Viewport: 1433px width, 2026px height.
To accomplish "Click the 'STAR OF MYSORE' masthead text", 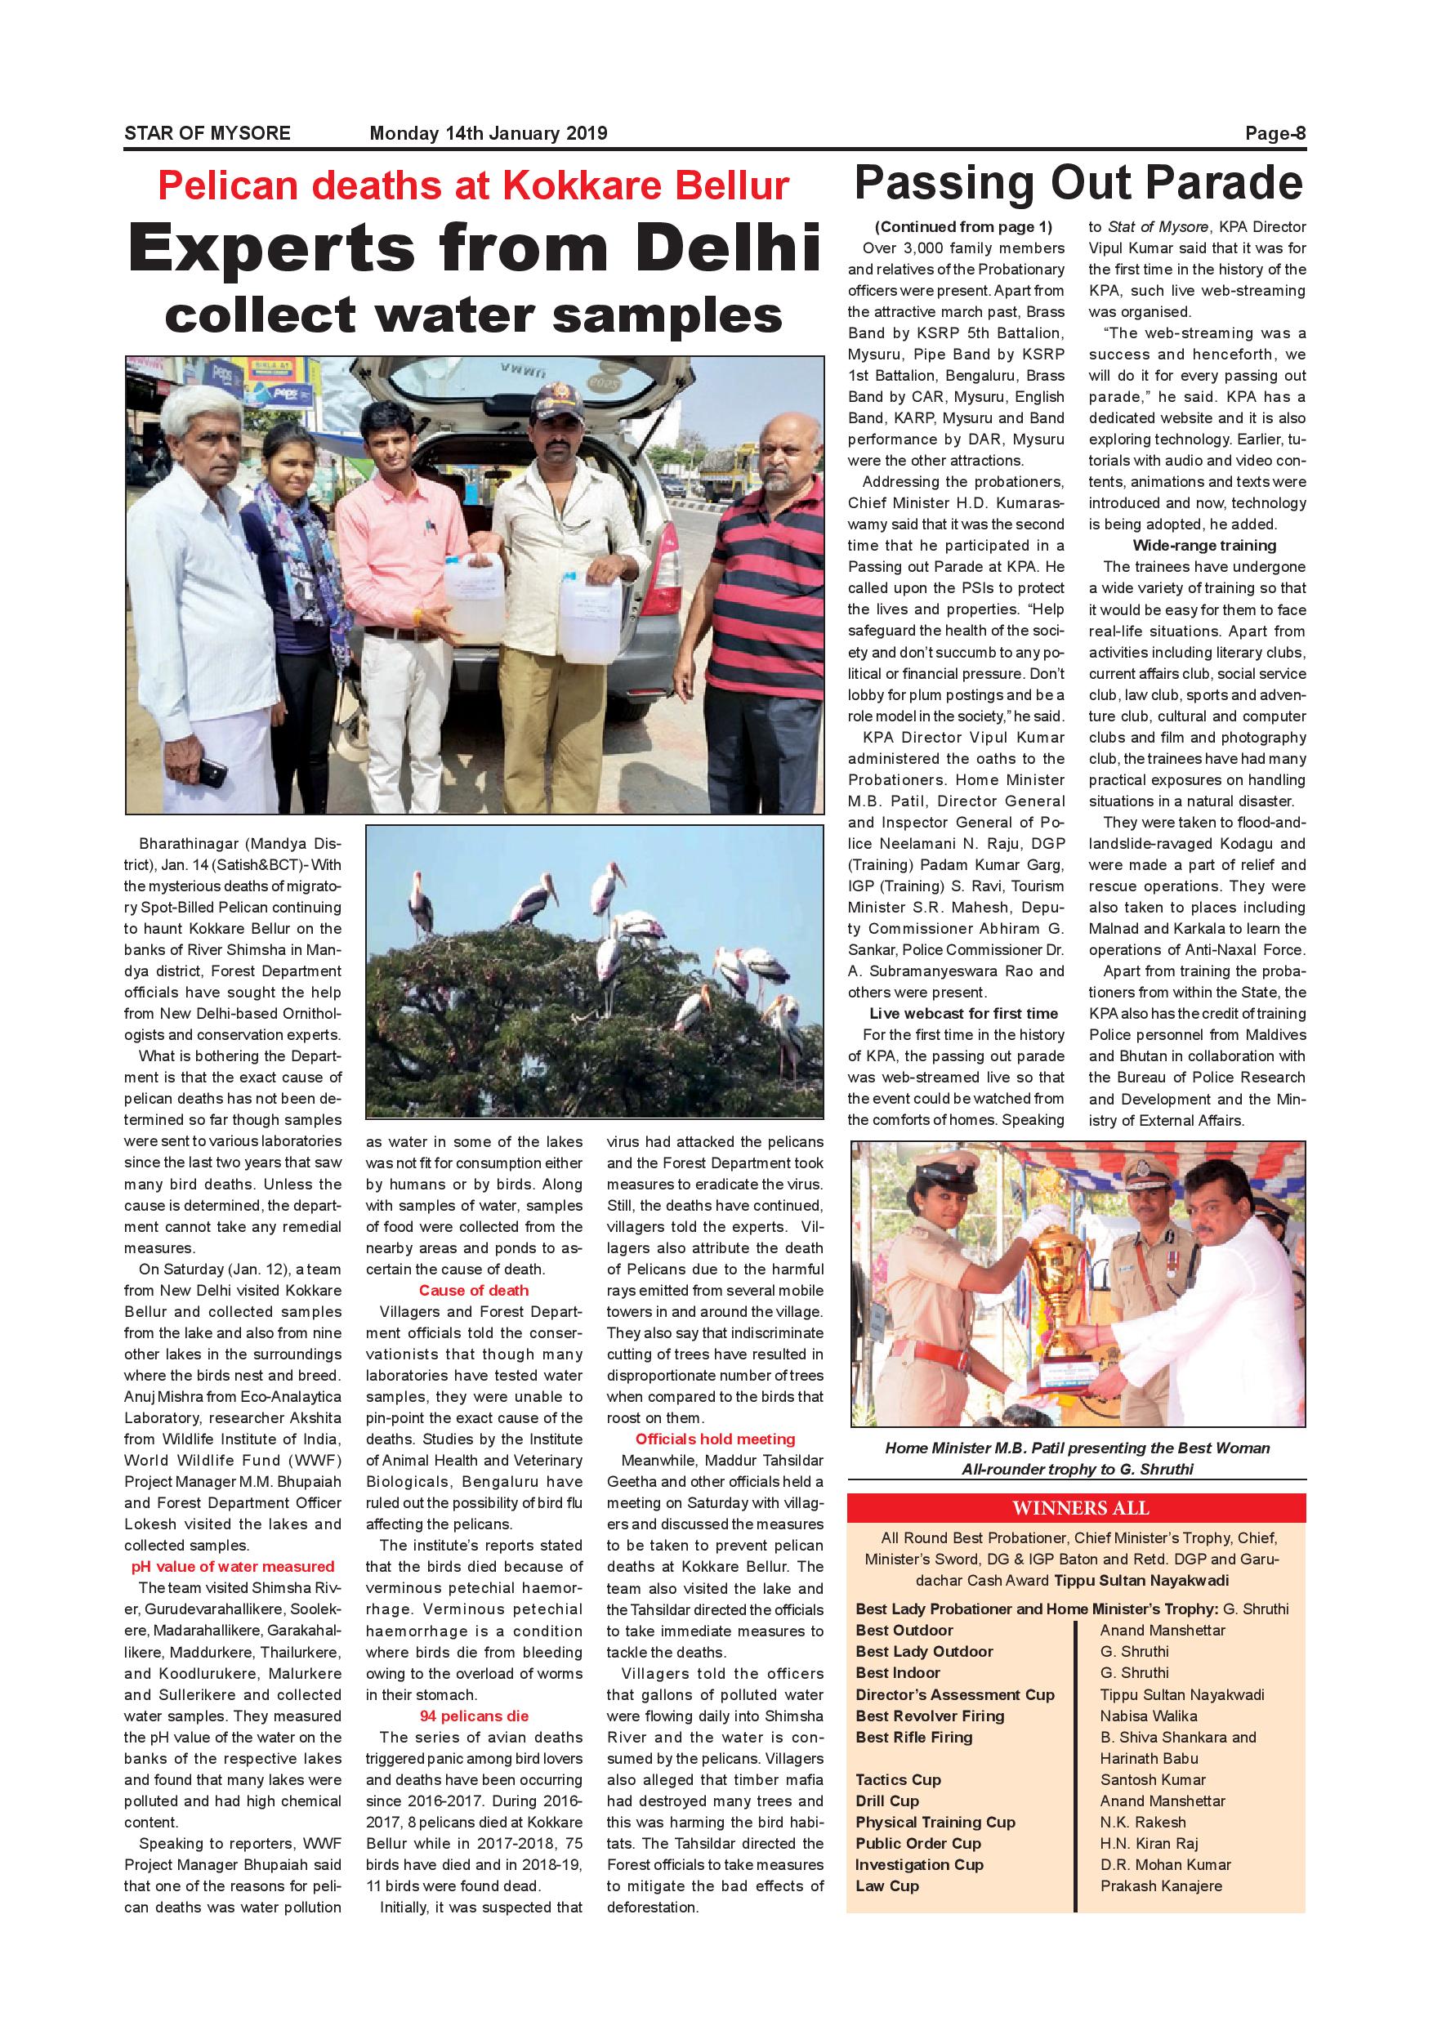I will [x=208, y=133].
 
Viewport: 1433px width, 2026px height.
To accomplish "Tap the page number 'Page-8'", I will [x=1275, y=133].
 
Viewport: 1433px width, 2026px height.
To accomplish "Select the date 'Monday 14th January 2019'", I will [x=488, y=133].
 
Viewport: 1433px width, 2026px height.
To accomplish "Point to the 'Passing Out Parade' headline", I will [x=1078, y=184].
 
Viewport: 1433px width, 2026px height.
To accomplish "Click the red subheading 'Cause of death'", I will [x=474, y=1290].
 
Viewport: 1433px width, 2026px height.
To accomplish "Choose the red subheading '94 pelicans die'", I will [x=474, y=1716].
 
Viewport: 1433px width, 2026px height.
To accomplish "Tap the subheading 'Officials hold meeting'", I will [x=716, y=1439].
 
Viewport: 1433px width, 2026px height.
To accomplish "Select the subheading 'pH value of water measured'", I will [x=233, y=1566].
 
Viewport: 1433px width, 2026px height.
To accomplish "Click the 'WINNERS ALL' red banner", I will [x=1076, y=1507].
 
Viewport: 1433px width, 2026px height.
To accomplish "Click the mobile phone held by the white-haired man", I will [x=212, y=772].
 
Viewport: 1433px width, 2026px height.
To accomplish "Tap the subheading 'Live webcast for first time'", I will [x=963, y=1013].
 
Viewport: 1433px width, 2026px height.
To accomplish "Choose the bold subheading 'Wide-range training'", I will [x=1203, y=546].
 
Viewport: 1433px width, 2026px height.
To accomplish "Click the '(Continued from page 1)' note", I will [x=963, y=227].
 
